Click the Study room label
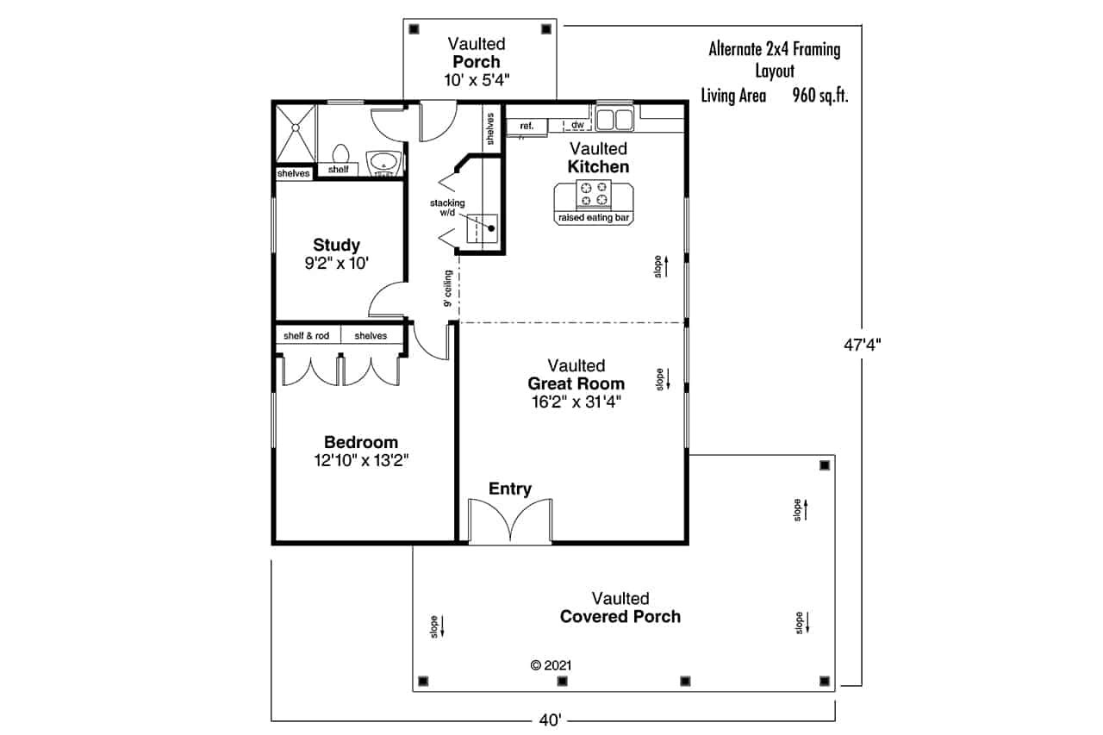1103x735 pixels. click(x=336, y=245)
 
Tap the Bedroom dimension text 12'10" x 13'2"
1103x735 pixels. click(x=360, y=461)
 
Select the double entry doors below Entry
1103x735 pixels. click(x=509, y=521)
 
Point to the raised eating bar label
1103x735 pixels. click(x=595, y=219)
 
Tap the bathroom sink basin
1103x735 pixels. click(x=383, y=162)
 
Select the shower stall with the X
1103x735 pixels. click(x=295, y=133)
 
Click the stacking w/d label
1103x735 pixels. click(x=448, y=208)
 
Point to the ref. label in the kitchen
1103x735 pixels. click(x=526, y=127)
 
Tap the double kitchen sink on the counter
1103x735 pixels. click(x=615, y=118)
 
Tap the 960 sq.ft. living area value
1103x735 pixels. click(x=820, y=96)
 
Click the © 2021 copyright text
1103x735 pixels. click(x=551, y=665)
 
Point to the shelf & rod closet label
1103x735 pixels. click(x=307, y=335)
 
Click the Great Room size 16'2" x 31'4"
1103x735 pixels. click(x=576, y=401)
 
